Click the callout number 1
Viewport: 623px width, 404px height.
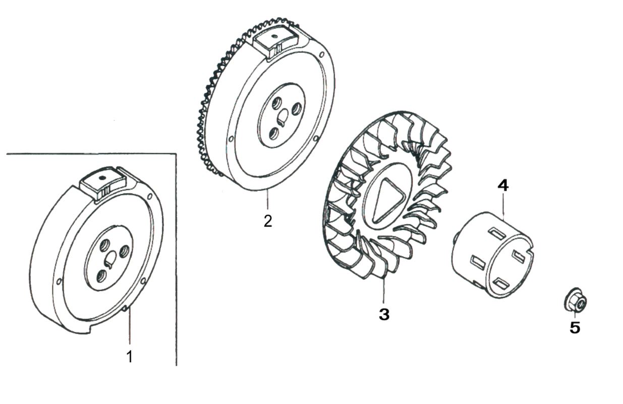point(130,357)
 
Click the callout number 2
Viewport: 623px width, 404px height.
point(268,221)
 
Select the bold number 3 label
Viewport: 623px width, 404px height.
point(384,315)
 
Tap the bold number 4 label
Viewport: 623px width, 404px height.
point(503,185)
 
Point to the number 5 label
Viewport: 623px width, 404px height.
point(575,328)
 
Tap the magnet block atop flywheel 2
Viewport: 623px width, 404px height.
point(276,40)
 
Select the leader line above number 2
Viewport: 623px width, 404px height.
point(268,201)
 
